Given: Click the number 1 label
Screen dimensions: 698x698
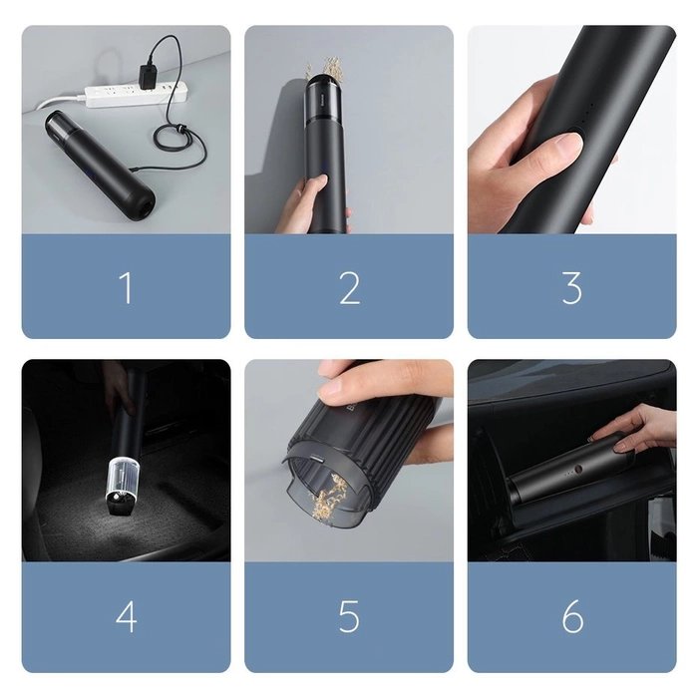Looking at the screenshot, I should (x=126, y=288).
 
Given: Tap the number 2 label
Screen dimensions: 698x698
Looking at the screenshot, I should (x=349, y=288).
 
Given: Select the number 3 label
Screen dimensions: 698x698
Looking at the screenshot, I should (x=571, y=288).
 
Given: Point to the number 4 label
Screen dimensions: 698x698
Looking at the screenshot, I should (x=126, y=616).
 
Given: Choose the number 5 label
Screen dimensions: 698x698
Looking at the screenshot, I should (x=349, y=616).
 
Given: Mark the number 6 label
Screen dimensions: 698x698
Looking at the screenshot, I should (x=572, y=616).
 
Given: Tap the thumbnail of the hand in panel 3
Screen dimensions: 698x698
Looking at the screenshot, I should (x=566, y=146).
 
